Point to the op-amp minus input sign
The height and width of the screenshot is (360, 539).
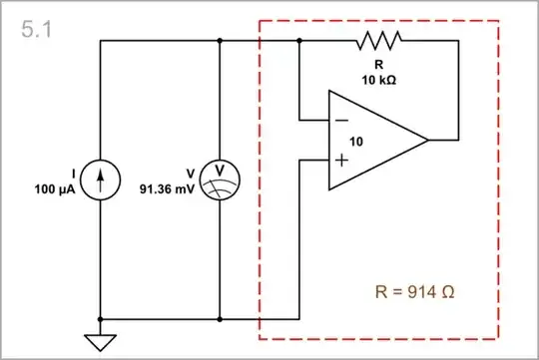coord(342,120)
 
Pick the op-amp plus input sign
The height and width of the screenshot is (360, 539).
coord(342,160)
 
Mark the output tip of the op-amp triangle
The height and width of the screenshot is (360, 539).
coord(428,140)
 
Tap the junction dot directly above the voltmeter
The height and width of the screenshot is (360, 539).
coord(219,41)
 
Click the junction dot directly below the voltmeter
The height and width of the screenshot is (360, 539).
coord(219,320)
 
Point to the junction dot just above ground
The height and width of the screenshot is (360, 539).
coord(100,320)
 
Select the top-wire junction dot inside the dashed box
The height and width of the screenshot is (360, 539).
coord(299,41)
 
